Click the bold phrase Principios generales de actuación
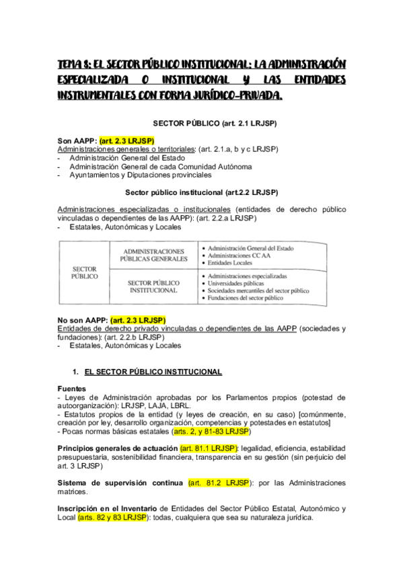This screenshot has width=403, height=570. (x=117, y=448)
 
